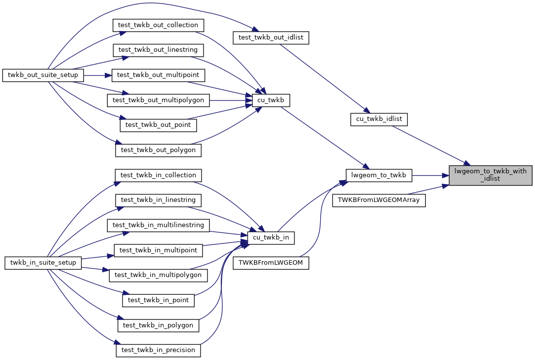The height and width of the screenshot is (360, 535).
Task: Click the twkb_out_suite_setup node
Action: [43, 76]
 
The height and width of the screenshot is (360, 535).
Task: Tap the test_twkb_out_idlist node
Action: [271, 38]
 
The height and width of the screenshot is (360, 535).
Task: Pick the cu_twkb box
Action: [271, 100]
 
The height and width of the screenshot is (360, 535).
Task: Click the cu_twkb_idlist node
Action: [379, 119]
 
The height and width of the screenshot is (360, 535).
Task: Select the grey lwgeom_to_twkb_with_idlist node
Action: [490, 175]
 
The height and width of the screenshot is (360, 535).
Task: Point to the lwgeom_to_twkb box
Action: [378, 175]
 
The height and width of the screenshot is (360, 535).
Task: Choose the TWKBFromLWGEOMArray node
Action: [379, 200]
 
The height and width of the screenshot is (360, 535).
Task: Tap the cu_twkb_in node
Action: [271, 238]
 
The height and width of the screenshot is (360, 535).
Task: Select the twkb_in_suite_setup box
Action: [43, 263]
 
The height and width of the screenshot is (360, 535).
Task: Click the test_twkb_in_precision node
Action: [158, 350]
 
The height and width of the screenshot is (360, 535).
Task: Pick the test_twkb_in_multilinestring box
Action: [158, 225]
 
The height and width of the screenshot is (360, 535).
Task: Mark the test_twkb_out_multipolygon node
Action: [159, 100]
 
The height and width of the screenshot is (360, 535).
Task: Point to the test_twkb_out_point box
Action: [158, 125]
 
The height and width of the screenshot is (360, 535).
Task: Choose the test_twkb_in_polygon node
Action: [158, 325]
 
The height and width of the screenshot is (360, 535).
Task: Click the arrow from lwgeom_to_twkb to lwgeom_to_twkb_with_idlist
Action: [430, 175]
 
